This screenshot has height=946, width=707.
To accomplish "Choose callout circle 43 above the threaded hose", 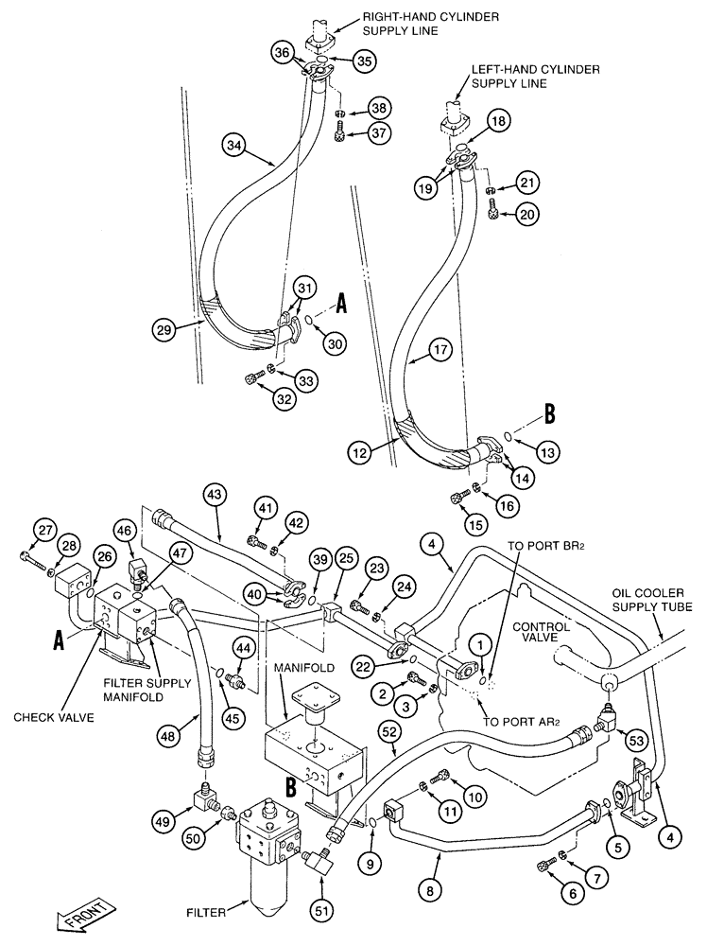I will (x=216, y=494).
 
